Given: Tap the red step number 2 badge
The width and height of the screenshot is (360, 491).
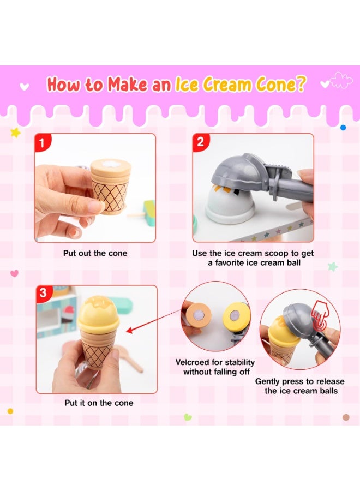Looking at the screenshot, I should (x=200, y=142).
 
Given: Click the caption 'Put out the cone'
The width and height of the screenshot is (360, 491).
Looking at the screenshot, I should (x=94, y=254).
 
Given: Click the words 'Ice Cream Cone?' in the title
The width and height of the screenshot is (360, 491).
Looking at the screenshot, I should (x=240, y=85).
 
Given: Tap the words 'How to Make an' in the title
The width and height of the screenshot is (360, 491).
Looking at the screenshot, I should (x=109, y=85).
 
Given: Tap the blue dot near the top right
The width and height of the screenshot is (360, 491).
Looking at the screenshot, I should (x=343, y=127).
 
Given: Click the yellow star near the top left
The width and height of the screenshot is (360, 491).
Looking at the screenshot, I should (x=15, y=133).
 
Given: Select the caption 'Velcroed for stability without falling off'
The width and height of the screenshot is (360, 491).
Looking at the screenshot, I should (x=215, y=367).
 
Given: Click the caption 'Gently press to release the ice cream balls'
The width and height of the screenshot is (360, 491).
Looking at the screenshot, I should (x=300, y=386).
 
